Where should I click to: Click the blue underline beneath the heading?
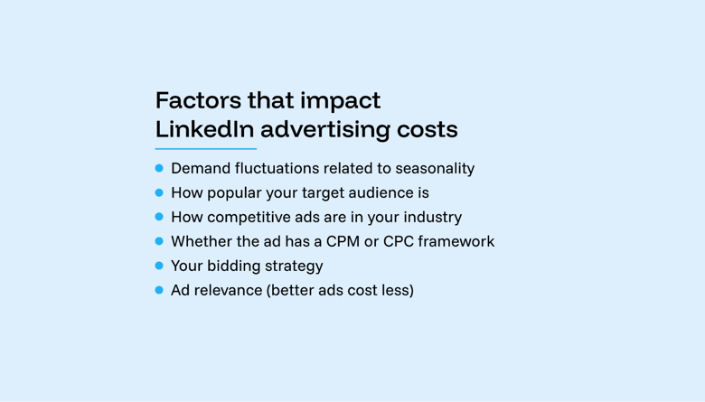(206, 149)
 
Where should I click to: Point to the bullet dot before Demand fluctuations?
(159, 168)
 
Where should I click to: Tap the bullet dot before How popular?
(159, 192)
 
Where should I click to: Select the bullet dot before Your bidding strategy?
(159, 266)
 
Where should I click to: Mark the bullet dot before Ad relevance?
(159, 290)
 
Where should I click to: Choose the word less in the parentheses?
(396, 290)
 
